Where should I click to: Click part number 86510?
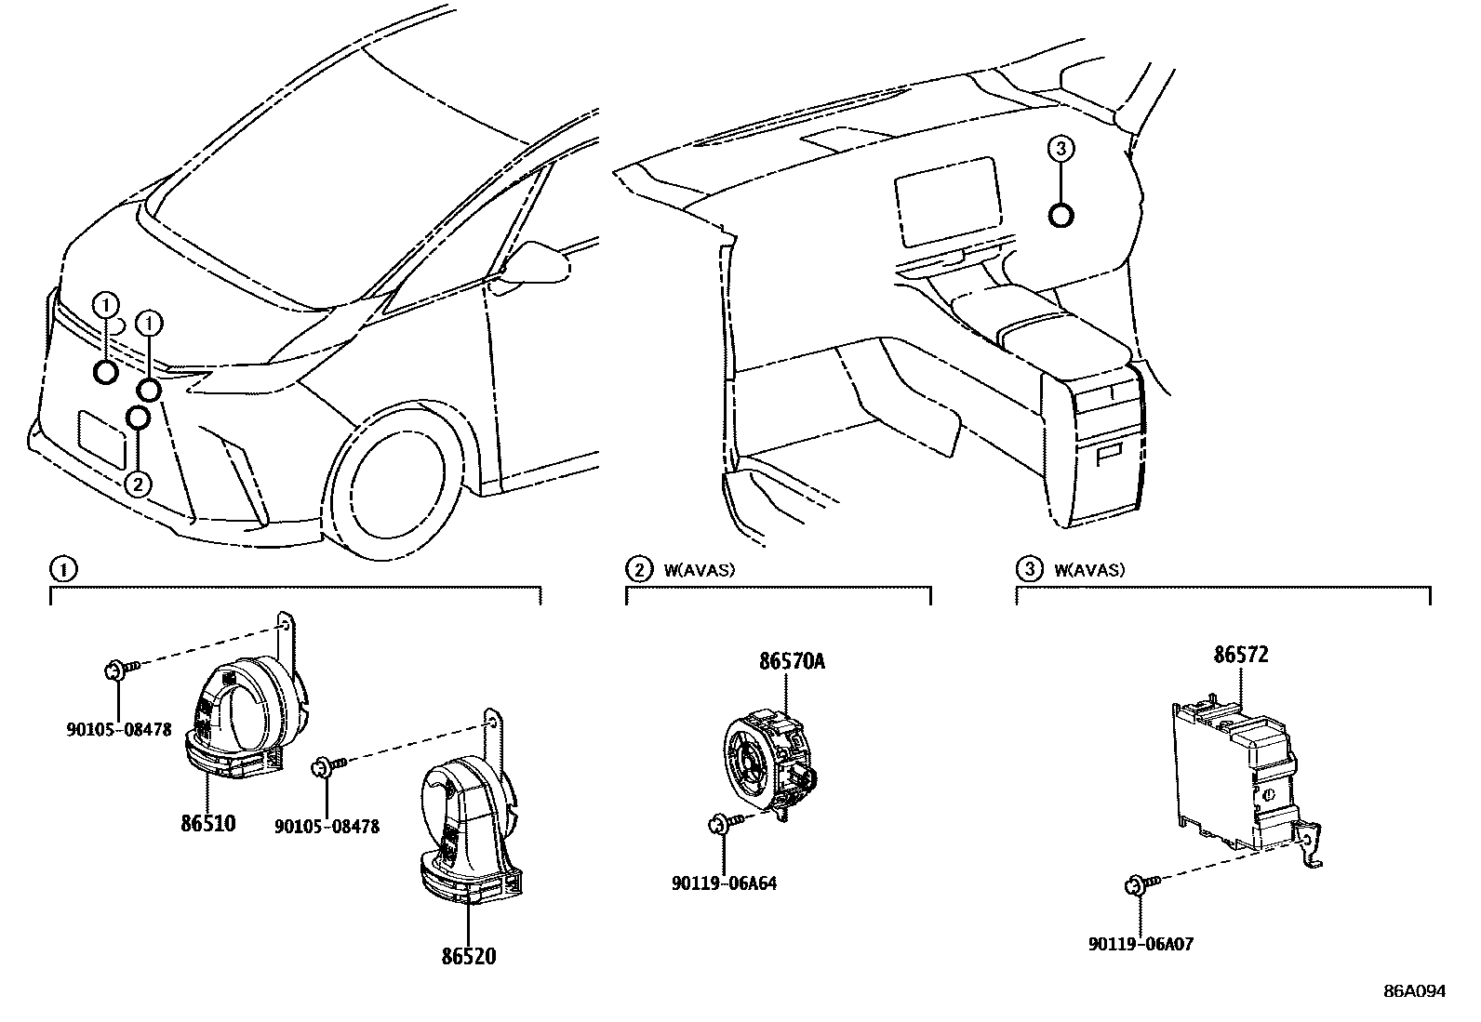[x=207, y=823]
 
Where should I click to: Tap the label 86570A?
[x=792, y=661]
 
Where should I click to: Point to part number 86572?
[x=1240, y=655]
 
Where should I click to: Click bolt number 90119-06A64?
[x=723, y=883]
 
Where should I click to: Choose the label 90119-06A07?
[x=1141, y=945]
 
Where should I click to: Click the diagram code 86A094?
[x=1414, y=991]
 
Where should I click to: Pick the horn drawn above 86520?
[x=465, y=828]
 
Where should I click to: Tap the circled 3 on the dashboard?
[x=1061, y=148]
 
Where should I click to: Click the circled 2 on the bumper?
[x=137, y=484]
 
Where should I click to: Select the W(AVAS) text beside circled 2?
[x=699, y=570]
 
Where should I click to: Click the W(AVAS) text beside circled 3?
[x=1089, y=570]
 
